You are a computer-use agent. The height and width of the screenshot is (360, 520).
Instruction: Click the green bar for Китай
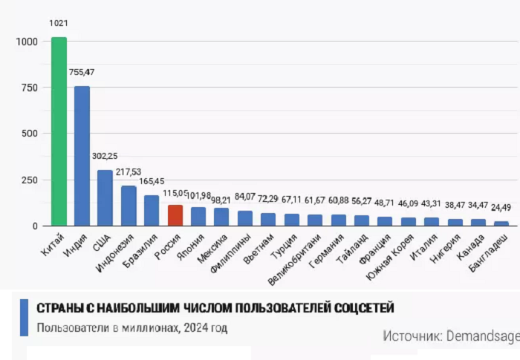pos(59,131)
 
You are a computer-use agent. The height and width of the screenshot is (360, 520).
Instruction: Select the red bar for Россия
pos(175,215)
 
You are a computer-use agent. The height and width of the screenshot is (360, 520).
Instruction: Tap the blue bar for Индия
pos(82,156)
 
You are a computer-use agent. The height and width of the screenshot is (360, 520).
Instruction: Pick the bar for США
pos(105,197)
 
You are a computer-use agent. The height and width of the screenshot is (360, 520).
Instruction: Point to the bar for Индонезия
pos(129,206)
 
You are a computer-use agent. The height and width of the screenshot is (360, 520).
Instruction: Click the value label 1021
pos(59,23)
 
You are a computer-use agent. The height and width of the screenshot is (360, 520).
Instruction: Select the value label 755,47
pos(82,72)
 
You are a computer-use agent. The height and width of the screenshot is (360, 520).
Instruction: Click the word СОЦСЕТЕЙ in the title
pos(361,308)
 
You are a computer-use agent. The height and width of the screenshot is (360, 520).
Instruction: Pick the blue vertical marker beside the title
pos(25,317)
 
